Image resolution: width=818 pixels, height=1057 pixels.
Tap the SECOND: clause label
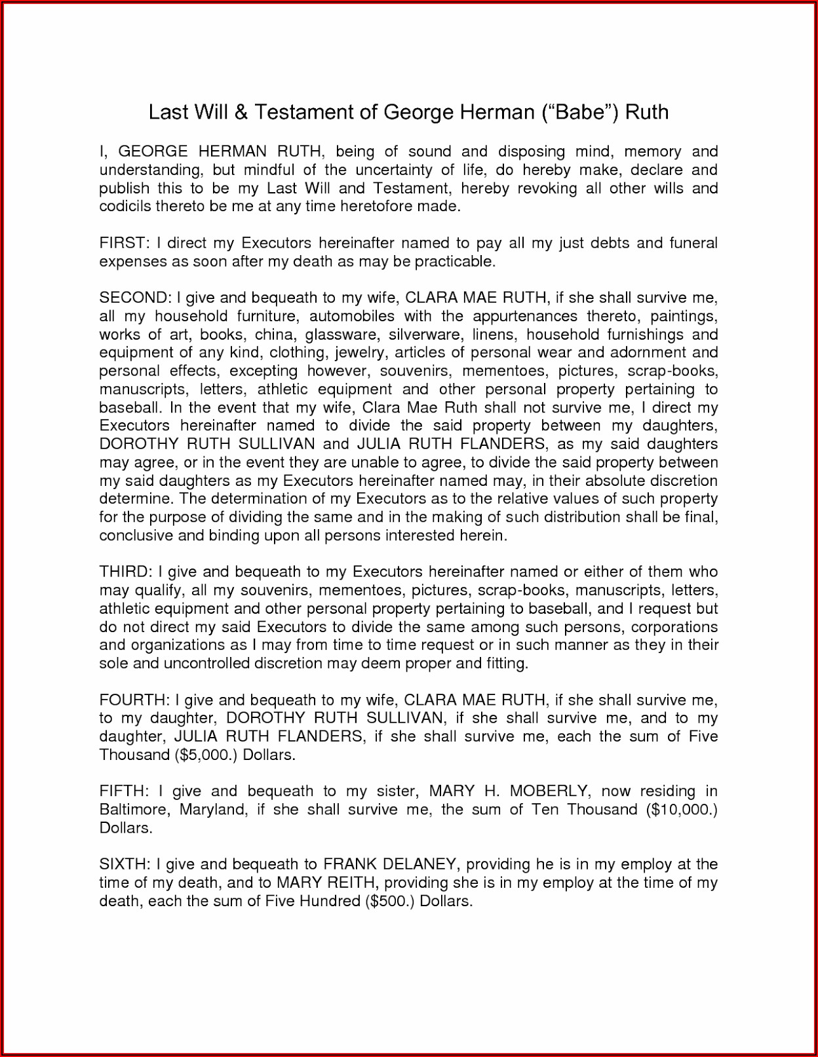(x=135, y=298)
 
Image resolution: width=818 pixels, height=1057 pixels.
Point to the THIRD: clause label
(x=127, y=572)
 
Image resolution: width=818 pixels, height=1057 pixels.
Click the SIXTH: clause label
(x=125, y=864)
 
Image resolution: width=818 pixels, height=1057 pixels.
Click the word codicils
(x=126, y=207)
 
